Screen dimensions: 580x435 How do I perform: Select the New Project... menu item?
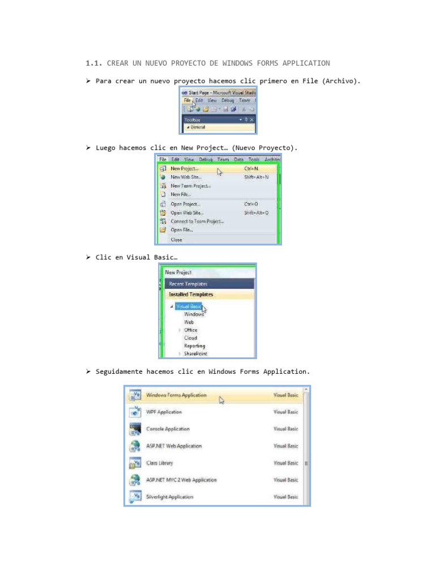tap(184, 168)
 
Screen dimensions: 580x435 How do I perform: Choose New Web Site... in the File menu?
tap(186, 177)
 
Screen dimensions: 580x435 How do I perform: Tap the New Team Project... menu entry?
tap(191, 186)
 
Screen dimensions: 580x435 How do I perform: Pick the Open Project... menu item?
tap(185, 204)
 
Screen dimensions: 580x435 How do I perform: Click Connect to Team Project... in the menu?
tap(197, 221)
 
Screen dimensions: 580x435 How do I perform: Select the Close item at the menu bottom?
tap(176, 240)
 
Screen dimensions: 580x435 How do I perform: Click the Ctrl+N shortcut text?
tap(251, 168)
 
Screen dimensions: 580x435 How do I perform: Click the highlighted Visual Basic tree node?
tap(188, 306)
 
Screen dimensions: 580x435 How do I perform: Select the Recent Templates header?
tap(188, 284)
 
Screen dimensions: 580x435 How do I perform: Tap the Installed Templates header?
tap(191, 295)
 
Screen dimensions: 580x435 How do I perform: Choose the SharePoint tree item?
tap(195, 353)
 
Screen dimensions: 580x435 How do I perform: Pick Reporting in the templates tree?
tap(194, 346)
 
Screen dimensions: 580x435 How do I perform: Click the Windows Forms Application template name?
tap(176, 395)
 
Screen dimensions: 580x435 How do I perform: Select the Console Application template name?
tap(168, 429)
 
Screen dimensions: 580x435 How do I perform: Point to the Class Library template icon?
tap(135, 463)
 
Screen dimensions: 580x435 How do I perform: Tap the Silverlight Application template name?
tap(169, 497)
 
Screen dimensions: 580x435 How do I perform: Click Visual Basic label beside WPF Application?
tap(285, 412)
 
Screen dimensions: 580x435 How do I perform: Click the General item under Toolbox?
tap(198, 127)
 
